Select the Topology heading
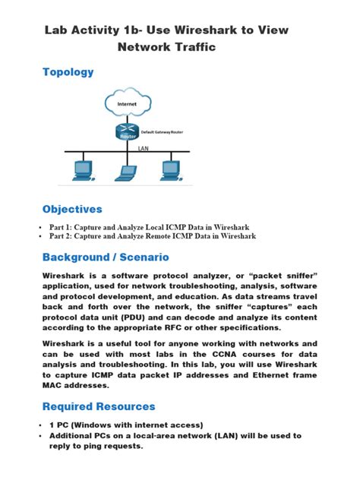68,72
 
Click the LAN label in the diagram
143,148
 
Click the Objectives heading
72,209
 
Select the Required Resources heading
99,406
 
